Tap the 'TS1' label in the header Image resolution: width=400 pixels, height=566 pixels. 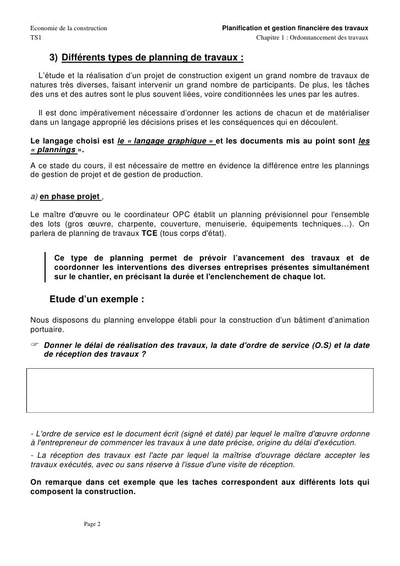pyautogui.click(x=35, y=37)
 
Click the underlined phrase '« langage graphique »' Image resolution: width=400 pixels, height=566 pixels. pyautogui.click(x=166, y=140)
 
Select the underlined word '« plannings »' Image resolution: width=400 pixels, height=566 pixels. pyautogui.click(x=53, y=150)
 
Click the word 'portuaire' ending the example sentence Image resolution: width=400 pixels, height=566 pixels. pyautogui.click(x=47, y=330)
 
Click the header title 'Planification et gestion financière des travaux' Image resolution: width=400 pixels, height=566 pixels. pyautogui.click(x=295, y=28)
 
